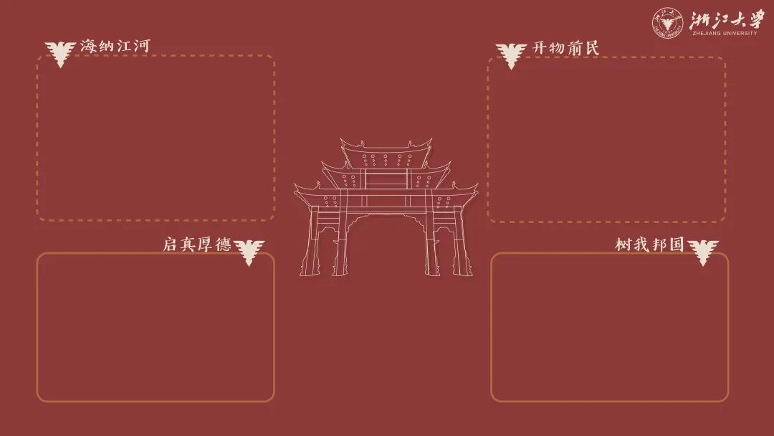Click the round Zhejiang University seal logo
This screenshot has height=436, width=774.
[x=666, y=22]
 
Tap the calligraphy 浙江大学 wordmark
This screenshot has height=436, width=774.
[x=726, y=19]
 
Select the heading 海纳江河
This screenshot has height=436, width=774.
[x=115, y=46]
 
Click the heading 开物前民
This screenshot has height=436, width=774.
[x=565, y=48]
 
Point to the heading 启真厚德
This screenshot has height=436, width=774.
[x=196, y=245]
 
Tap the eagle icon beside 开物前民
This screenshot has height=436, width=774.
[x=511, y=54]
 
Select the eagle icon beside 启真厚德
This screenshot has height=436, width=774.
[x=249, y=251]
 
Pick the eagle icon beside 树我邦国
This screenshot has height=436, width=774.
[x=703, y=251]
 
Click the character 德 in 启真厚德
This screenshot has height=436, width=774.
[x=223, y=245]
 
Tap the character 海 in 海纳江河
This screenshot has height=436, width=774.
[x=88, y=46]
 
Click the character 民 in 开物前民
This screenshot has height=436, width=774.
[x=591, y=48]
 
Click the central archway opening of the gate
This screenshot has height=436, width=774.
[x=386, y=237]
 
